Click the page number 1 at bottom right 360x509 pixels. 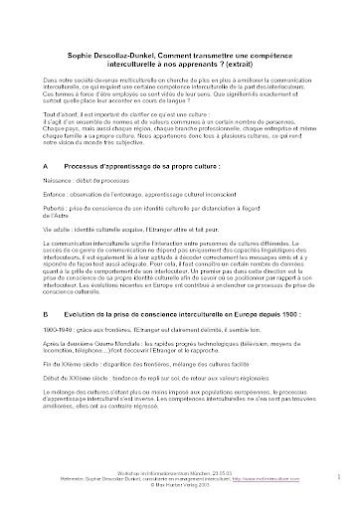[339, 477]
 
